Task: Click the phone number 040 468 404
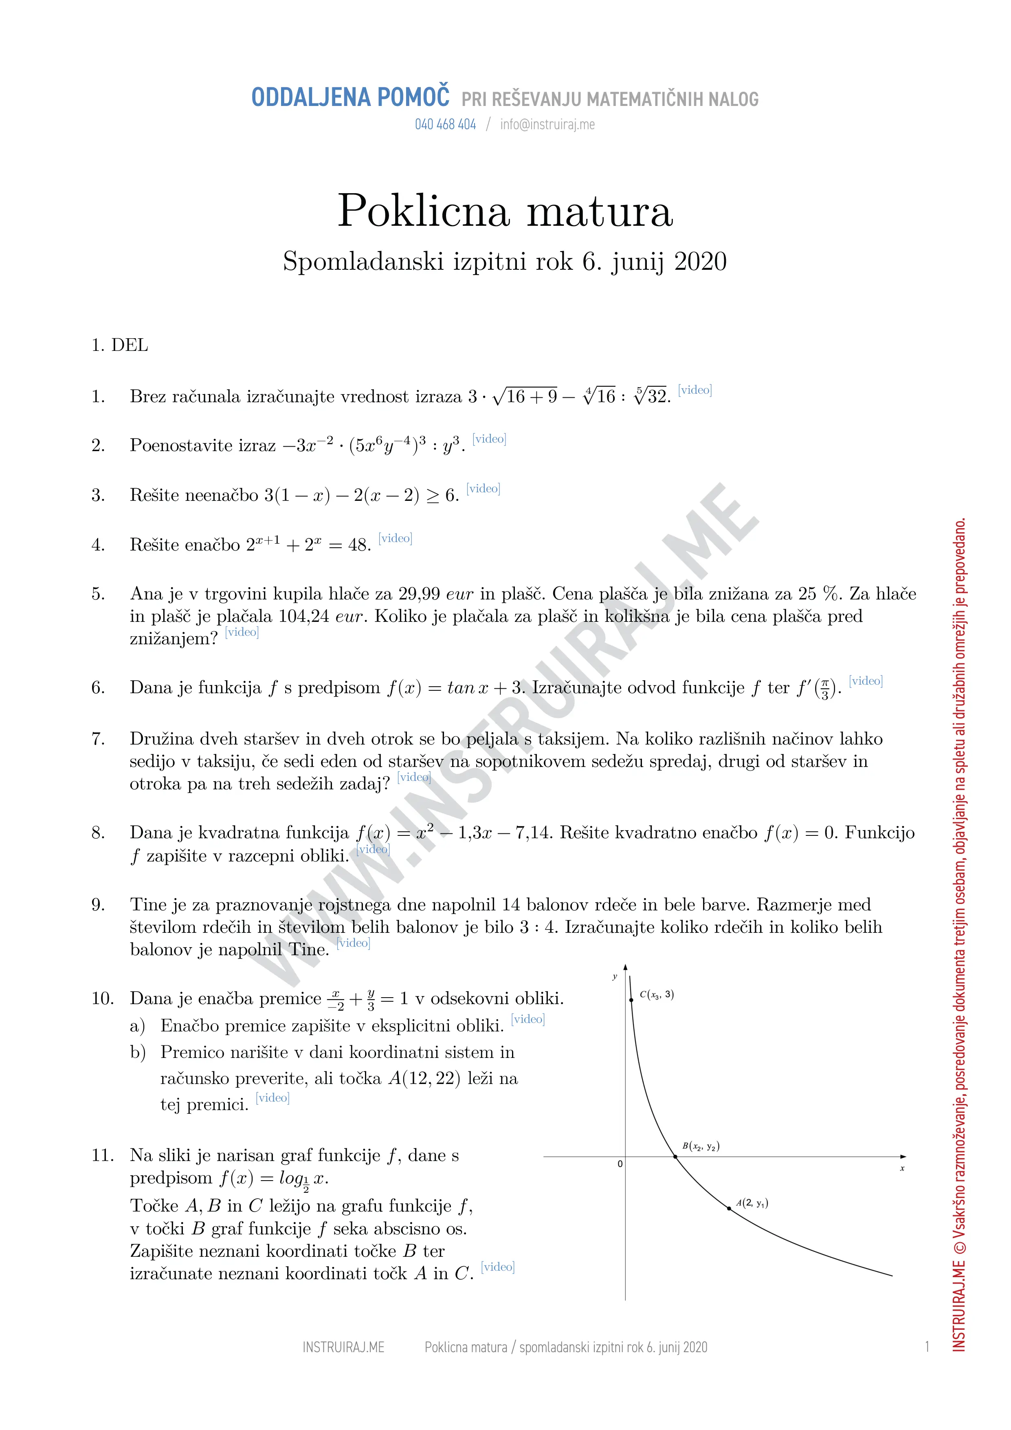[x=445, y=125]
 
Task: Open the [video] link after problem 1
[x=695, y=390]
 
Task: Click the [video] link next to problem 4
[x=395, y=538]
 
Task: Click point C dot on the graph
[x=631, y=999]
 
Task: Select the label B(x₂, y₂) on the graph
[x=701, y=1146]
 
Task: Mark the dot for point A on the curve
[x=729, y=1208]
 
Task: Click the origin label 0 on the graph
[x=620, y=1163]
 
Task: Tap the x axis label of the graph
[x=902, y=1168]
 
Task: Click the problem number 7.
[x=98, y=739]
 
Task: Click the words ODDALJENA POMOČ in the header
[x=350, y=98]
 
